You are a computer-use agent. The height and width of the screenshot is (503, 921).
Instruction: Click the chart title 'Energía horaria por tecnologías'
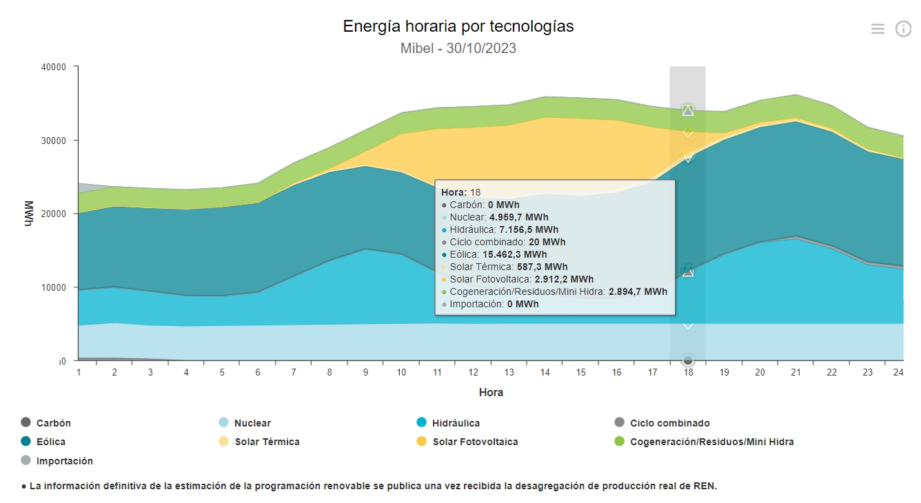(x=458, y=26)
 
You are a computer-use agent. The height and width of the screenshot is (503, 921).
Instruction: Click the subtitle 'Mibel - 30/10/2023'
(x=458, y=48)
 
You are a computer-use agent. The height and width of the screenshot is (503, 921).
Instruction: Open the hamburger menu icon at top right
(x=878, y=28)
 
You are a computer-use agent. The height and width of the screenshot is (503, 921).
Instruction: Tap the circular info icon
(x=903, y=28)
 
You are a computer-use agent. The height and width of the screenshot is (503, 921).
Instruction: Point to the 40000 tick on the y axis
(x=54, y=67)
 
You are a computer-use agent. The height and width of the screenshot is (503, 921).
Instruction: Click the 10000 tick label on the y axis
(x=54, y=287)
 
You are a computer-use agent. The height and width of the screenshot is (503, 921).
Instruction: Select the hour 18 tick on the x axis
(x=688, y=372)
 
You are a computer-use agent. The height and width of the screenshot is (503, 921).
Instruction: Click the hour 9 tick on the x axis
(x=365, y=372)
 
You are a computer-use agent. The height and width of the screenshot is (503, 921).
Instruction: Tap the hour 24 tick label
(x=898, y=372)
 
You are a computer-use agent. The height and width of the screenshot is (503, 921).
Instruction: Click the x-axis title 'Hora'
(x=491, y=392)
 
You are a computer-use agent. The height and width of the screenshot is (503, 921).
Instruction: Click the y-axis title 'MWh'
(x=29, y=214)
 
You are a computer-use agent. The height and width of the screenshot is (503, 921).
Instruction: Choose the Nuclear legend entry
(x=252, y=423)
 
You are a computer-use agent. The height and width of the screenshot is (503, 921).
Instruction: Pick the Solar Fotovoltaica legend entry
(x=474, y=442)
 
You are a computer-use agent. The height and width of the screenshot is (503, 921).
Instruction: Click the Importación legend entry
(x=64, y=461)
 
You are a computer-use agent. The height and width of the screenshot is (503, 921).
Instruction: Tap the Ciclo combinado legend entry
(x=669, y=423)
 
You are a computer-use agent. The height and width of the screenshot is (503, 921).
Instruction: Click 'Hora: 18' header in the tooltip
(x=461, y=192)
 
